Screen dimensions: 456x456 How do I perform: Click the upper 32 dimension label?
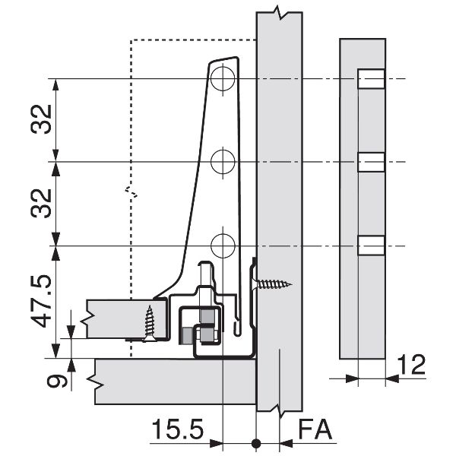(x=41, y=119)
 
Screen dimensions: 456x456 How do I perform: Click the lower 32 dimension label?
(x=41, y=203)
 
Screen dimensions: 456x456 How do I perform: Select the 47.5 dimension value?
(x=41, y=301)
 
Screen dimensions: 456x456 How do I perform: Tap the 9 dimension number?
(x=57, y=382)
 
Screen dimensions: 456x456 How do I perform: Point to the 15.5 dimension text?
(x=177, y=429)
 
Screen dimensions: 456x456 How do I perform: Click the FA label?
(x=315, y=429)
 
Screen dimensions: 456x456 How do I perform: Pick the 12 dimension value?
(x=411, y=365)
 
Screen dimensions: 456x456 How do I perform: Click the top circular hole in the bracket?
(x=223, y=79)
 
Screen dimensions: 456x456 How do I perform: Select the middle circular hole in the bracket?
(x=223, y=162)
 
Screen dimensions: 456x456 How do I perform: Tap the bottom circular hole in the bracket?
(x=223, y=246)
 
